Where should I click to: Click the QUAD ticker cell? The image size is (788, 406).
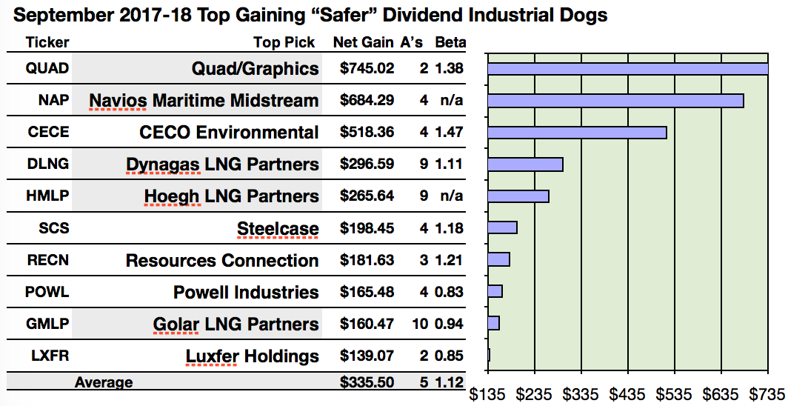(x=47, y=69)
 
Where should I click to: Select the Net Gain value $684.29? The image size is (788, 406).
(x=367, y=100)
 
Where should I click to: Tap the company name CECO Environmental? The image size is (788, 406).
(x=229, y=133)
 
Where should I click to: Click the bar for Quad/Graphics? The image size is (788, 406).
(x=627, y=69)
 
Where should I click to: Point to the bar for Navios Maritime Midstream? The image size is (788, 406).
(x=615, y=101)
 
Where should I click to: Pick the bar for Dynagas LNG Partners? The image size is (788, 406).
(x=525, y=164)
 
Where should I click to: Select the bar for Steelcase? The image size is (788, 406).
(x=502, y=227)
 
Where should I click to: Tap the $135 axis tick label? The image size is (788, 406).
(x=487, y=393)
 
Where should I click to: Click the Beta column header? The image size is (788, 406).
(x=450, y=43)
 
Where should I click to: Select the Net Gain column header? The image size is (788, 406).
(x=363, y=43)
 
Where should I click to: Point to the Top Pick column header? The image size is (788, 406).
(x=284, y=43)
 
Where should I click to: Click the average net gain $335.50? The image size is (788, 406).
(x=367, y=382)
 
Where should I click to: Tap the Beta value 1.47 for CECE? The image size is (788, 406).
(x=450, y=133)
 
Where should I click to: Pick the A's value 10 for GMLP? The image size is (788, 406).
(x=421, y=324)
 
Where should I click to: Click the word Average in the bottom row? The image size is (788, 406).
(x=104, y=382)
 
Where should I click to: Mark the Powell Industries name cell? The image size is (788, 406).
(x=246, y=292)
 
